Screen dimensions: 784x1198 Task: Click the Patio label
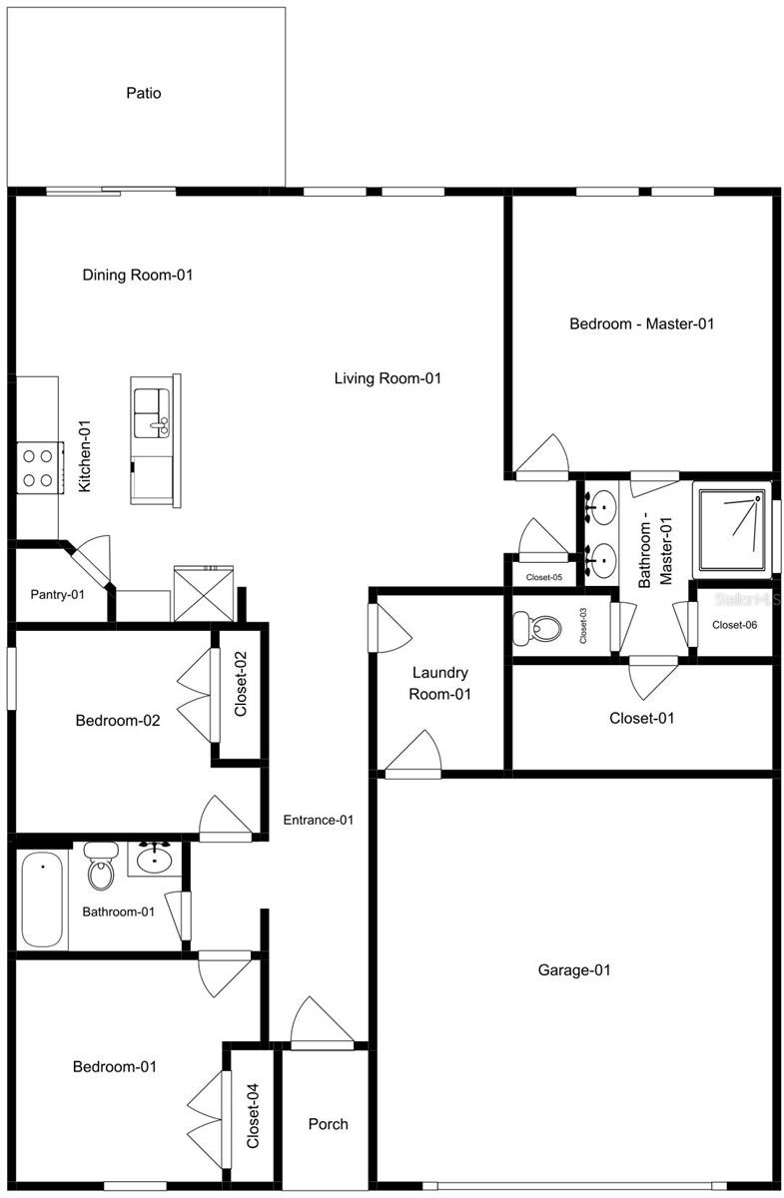tap(144, 93)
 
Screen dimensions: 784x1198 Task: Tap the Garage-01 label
tap(573, 969)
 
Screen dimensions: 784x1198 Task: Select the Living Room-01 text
tap(388, 378)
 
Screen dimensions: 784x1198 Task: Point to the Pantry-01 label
tap(57, 594)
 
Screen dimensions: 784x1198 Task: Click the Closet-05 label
tap(543, 577)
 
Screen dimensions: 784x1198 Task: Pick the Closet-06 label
tap(734, 625)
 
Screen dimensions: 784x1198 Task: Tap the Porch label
tap(328, 1124)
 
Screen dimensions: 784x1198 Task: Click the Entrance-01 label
tap(319, 820)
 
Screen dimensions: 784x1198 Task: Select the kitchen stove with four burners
tap(40, 467)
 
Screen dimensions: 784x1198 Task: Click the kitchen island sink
tap(152, 413)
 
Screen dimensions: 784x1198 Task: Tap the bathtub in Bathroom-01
tap(42, 899)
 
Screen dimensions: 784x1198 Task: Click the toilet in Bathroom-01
tap(101, 866)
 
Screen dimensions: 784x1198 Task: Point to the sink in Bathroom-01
tap(154, 858)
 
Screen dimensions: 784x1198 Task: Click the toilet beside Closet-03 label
tap(536, 628)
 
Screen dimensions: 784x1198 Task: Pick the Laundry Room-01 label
tap(439, 683)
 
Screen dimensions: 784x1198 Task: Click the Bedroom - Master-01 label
tap(641, 323)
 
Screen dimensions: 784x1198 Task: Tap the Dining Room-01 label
tap(138, 275)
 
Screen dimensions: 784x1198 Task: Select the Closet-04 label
tap(253, 1116)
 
